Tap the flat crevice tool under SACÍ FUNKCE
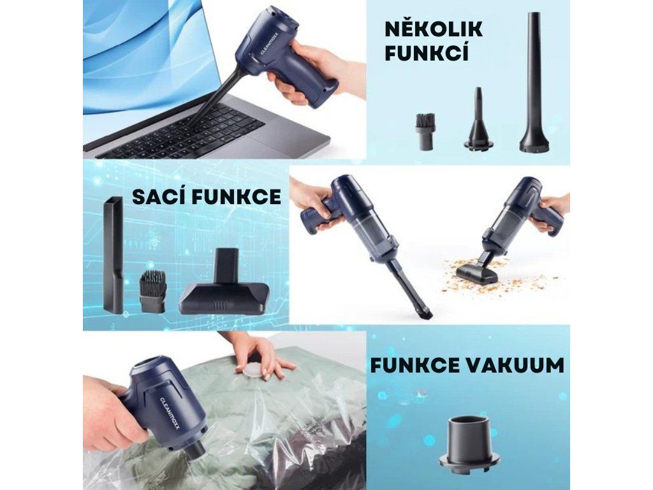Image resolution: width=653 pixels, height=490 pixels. point(113,255)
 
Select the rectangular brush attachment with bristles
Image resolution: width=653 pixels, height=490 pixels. point(152,291)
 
